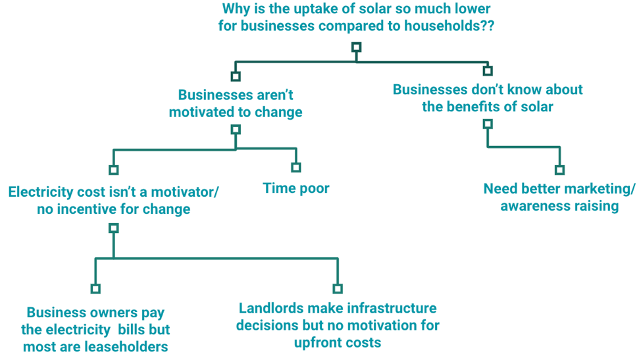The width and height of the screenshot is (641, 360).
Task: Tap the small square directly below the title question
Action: [357, 47]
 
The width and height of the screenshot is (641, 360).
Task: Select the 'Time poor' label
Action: [296, 188]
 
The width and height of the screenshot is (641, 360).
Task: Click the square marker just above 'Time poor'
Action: [296, 167]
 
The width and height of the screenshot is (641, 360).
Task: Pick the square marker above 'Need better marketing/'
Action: [559, 170]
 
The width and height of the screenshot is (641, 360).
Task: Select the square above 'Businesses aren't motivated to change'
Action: [236, 76]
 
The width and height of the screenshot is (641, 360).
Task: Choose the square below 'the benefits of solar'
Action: [488, 124]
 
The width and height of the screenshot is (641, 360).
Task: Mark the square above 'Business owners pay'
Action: [95, 288]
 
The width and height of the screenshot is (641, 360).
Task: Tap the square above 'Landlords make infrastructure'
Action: [338, 288]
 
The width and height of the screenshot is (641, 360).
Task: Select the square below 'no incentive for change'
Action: [114, 228]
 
